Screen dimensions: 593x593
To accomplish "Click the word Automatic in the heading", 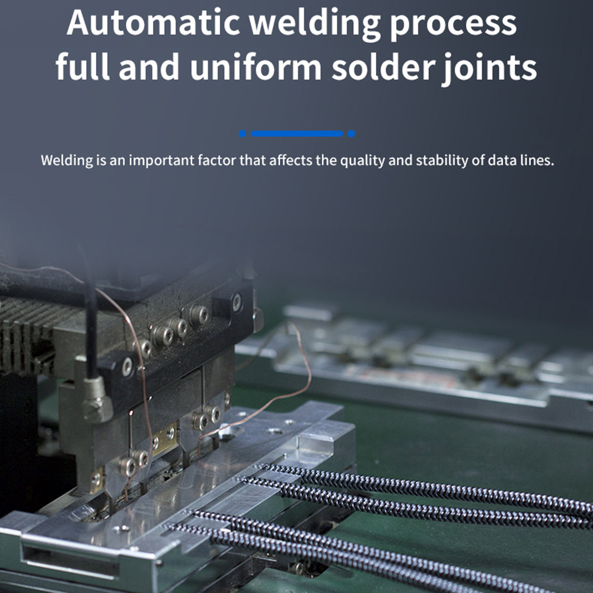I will point(153,23).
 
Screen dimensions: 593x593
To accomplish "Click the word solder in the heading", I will point(381,68).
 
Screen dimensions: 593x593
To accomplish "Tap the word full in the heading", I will point(83,68).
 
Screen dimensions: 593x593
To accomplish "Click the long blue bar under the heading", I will point(296,134).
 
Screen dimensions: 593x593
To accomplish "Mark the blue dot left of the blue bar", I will point(243,134).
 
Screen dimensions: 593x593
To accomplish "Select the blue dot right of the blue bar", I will point(351,134).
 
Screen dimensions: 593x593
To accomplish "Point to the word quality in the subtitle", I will point(362,161).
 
